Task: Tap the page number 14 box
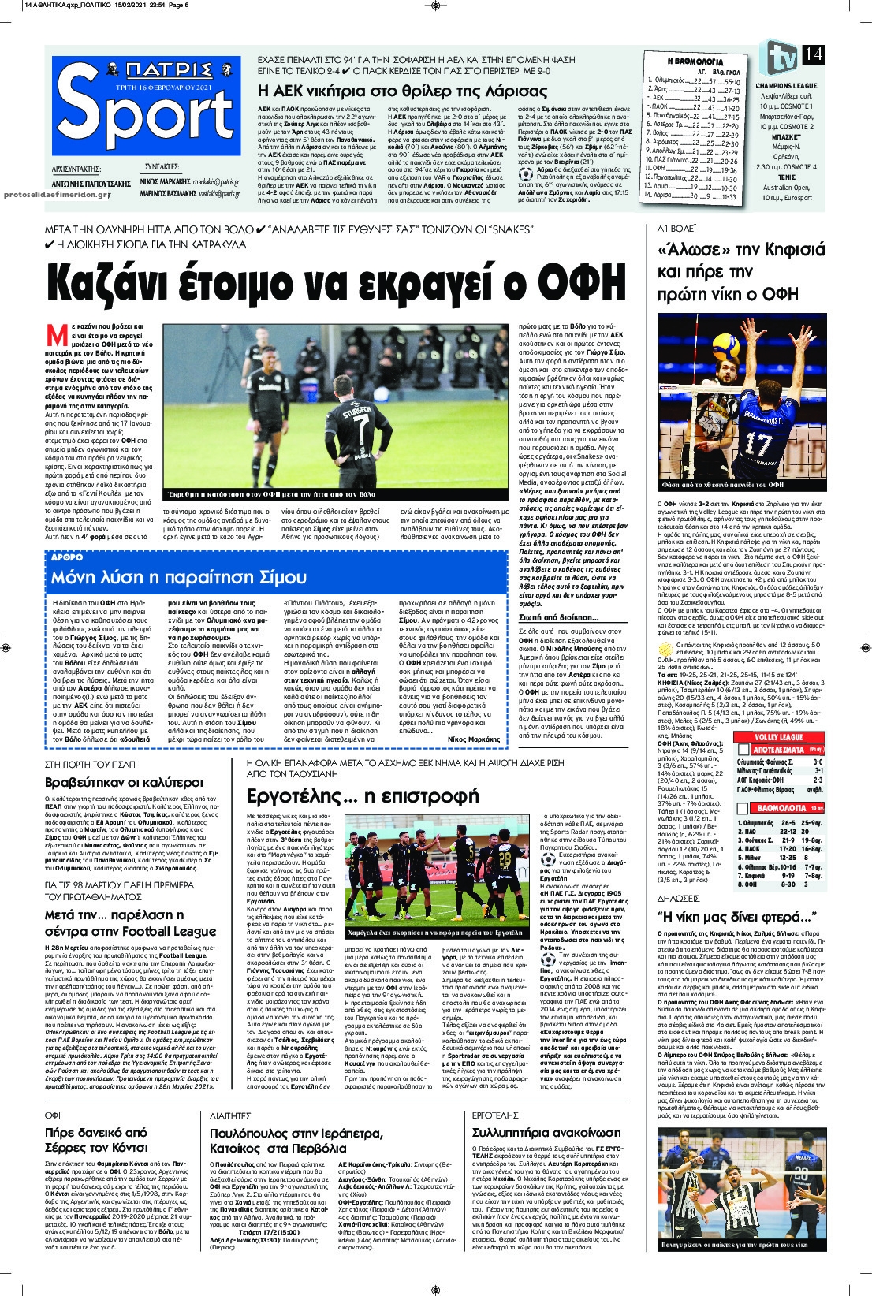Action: click(814, 54)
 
